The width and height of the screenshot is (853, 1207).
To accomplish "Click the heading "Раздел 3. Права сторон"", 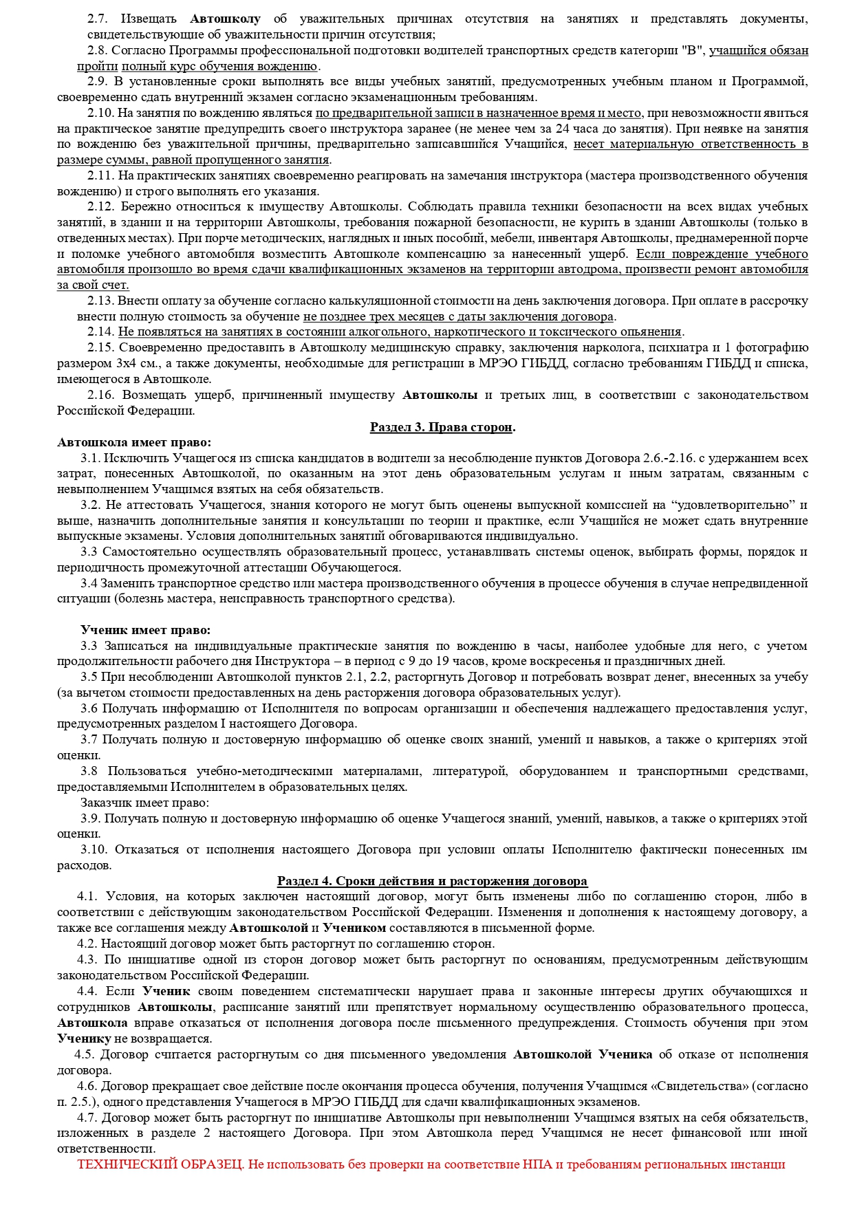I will (442, 427).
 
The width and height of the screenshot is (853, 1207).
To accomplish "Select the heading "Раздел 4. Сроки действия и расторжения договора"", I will (432, 881).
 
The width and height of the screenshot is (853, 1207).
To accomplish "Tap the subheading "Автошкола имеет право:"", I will (134, 442).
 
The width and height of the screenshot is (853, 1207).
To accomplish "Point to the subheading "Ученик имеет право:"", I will (146, 630).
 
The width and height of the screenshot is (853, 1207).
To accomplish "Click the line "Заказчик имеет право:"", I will (145, 803).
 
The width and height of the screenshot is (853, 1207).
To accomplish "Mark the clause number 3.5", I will (89, 677).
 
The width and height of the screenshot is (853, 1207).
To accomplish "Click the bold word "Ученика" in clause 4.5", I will (625, 1054).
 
